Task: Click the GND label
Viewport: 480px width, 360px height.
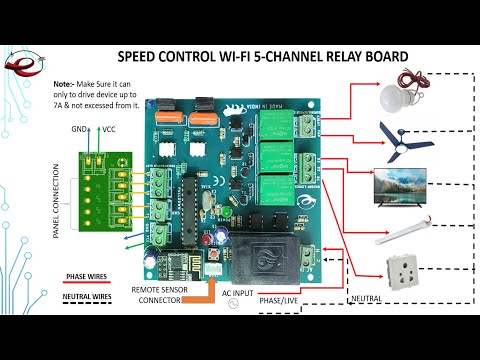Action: point(78,130)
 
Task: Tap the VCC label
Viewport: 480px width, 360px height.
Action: point(107,130)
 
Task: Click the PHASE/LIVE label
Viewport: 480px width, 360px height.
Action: point(283,299)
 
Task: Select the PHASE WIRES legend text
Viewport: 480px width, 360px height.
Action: point(87,275)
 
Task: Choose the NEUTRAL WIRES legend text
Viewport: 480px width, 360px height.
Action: point(87,297)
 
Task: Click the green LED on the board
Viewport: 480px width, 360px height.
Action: point(227,212)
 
